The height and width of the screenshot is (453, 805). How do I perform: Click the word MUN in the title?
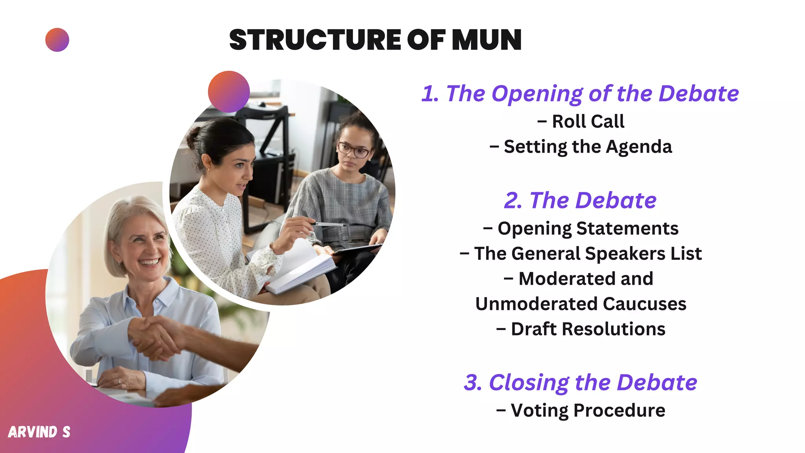click(486, 40)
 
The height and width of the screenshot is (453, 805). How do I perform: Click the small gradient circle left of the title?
click(57, 40)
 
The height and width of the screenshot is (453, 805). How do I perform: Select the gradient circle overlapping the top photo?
click(229, 92)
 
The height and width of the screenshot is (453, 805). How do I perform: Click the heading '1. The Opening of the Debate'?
click(580, 94)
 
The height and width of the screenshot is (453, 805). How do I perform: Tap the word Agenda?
click(639, 147)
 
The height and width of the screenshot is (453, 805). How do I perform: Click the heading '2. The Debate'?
click(580, 201)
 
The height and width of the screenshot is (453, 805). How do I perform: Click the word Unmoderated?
click(536, 304)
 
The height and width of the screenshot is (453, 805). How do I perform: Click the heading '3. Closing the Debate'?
click(580, 382)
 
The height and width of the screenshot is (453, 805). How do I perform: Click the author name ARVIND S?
click(39, 432)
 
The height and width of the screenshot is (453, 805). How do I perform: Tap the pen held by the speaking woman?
click(329, 225)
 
